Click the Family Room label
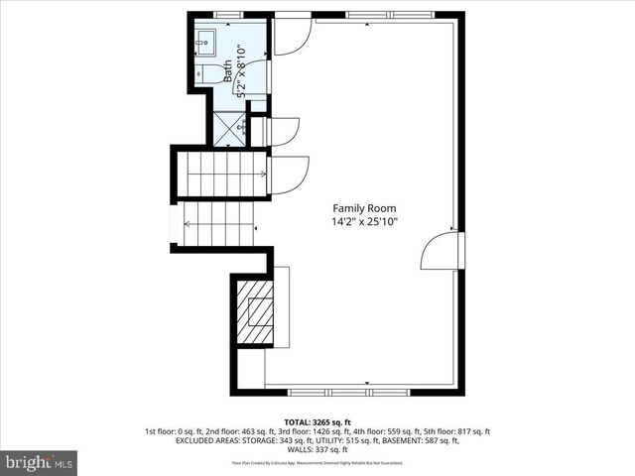point(364,208)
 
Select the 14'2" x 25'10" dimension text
point(364,223)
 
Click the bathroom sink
point(207,42)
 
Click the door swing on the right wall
point(439,252)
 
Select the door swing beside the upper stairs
point(288,176)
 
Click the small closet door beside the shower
point(284,131)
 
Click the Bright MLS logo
point(40,462)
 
